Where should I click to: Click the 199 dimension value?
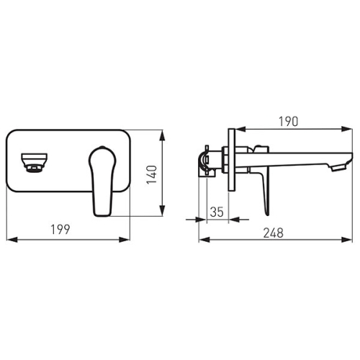coord(60,229)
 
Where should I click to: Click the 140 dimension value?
coord(152,174)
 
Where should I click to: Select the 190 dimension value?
coord(288,122)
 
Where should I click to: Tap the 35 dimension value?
coord(217,212)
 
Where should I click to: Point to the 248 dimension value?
coord(274,233)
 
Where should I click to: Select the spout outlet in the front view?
coord(34,163)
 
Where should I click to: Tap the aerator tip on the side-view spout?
coord(338,167)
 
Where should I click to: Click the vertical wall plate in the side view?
coord(231,160)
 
